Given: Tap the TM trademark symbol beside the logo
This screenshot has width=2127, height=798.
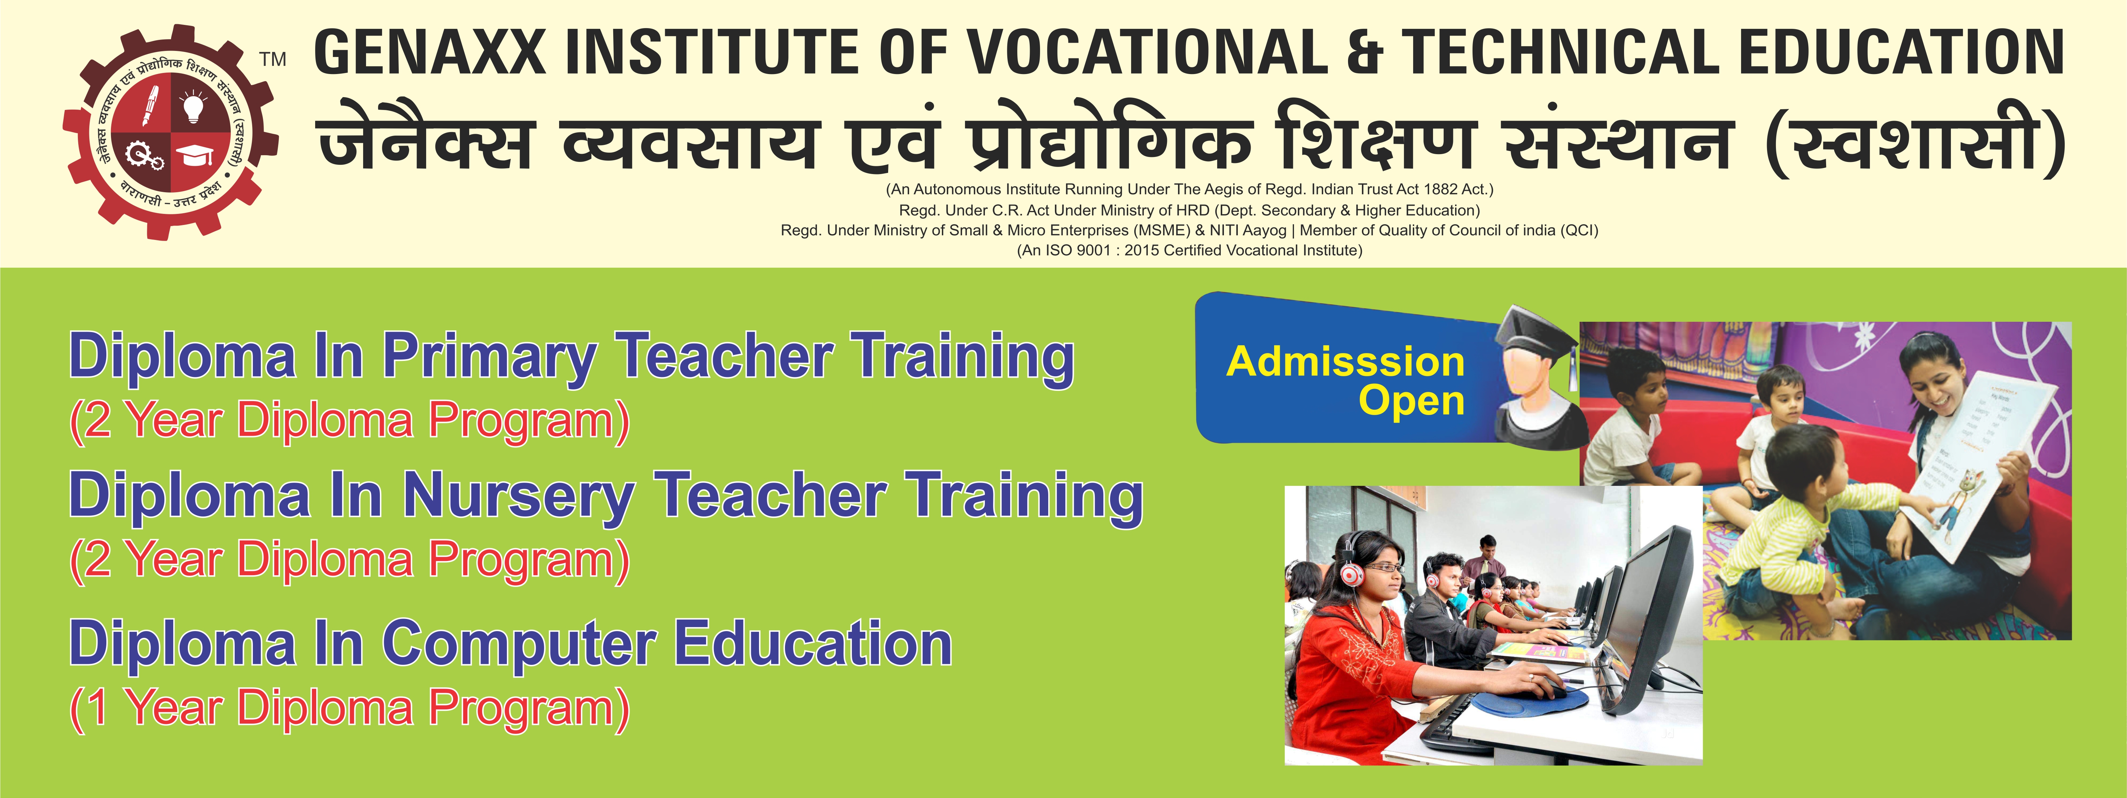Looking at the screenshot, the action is tap(272, 59).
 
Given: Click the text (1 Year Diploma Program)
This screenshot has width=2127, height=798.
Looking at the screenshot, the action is tap(349, 709).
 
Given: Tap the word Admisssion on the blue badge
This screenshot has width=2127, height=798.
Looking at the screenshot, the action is tap(1345, 362).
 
